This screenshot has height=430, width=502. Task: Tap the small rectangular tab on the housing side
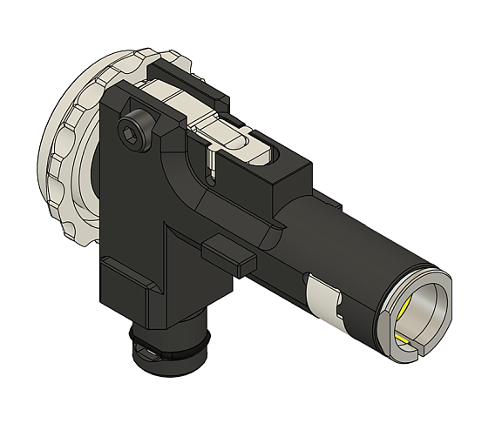[228, 253]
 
